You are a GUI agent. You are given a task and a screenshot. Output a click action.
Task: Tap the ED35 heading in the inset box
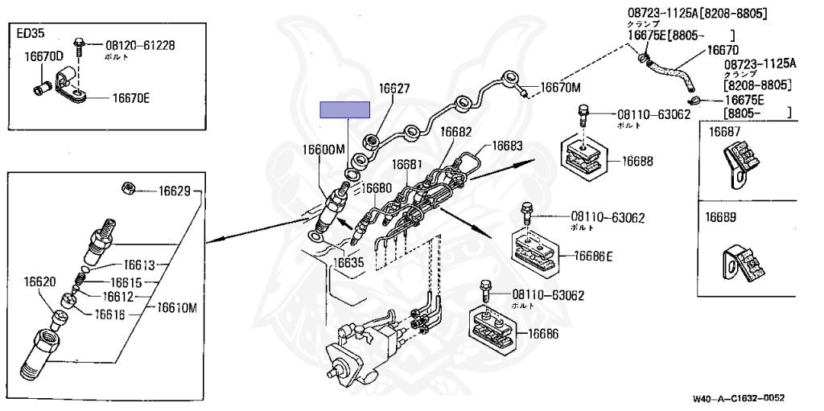point(30,34)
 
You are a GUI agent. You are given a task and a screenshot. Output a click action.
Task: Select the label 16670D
point(43,57)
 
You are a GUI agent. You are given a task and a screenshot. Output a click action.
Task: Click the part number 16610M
point(177,307)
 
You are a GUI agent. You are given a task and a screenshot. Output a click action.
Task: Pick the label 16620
point(39,282)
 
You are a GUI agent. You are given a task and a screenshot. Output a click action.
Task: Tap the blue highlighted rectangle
point(344,110)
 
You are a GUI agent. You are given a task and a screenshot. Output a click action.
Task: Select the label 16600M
point(323,150)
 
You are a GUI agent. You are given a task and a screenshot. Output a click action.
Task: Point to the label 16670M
point(560,87)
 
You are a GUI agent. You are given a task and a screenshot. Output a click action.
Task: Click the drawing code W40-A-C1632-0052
point(738,398)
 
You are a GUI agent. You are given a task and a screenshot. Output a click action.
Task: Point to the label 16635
point(348,261)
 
